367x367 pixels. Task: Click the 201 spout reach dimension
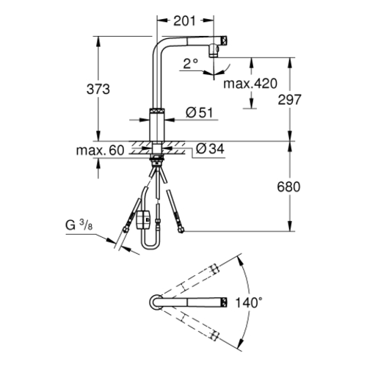[x=184, y=21]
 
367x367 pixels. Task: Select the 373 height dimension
[x=98, y=89]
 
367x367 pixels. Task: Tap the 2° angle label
[x=191, y=64]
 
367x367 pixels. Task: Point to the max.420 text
[x=250, y=84]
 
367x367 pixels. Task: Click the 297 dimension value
[x=289, y=100]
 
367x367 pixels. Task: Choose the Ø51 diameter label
[x=200, y=113]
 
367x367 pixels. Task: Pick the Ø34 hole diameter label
[x=210, y=148]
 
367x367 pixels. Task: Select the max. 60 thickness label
[x=101, y=150]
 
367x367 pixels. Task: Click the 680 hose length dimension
[x=288, y=187]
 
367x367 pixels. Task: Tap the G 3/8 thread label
[x=79, y=225]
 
